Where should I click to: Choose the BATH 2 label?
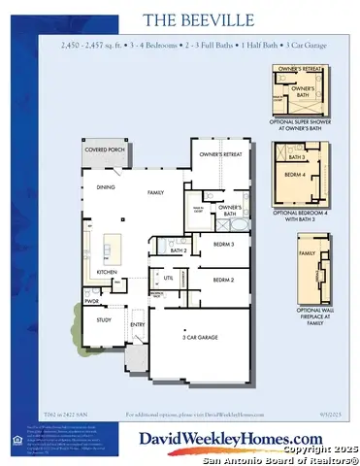click(x=179, y=250)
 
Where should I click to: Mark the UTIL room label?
click(x=168, y=278)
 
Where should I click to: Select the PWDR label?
click(x=92, y=302)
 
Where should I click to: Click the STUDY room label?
click(x=104, y=319)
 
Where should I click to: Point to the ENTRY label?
click(x=138, y=325)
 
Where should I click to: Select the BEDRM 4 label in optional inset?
click(x=295, y=175)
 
